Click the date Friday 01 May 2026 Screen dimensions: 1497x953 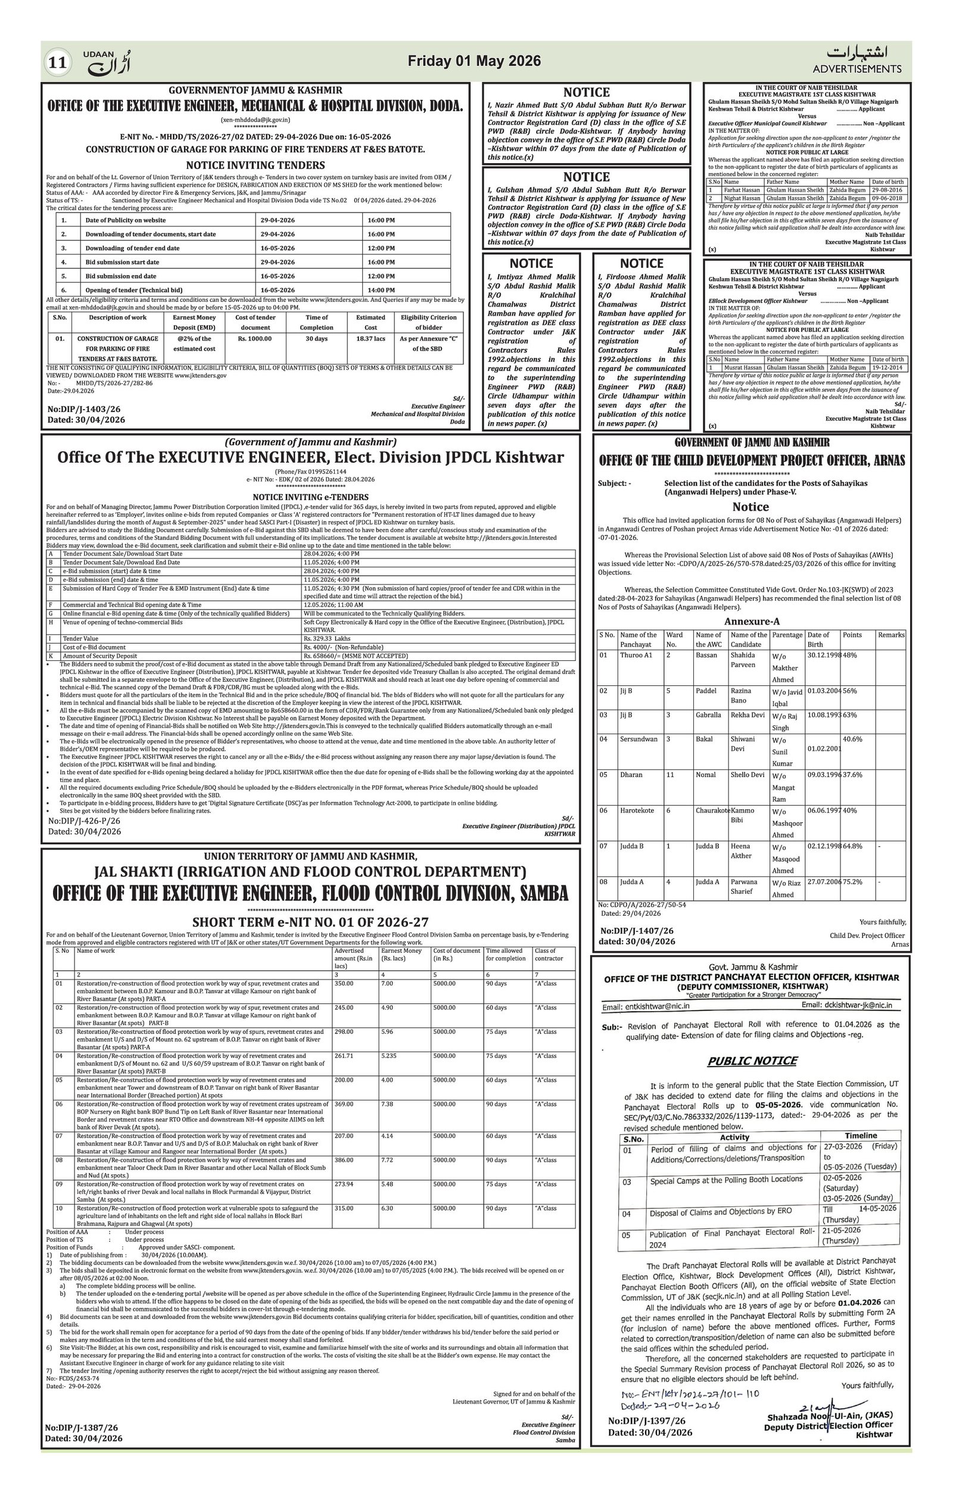[474, 61]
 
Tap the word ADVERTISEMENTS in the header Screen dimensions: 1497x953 [857, 68]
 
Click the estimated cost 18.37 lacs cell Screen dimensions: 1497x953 [370, 339]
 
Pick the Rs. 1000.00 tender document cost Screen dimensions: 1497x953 [255, 339]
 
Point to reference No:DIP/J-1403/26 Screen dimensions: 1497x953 [84, 409]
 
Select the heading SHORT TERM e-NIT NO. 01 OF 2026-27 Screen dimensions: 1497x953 [310, 921]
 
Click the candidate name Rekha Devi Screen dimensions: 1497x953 [748, 715]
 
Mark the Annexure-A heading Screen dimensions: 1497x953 [751, 621]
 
